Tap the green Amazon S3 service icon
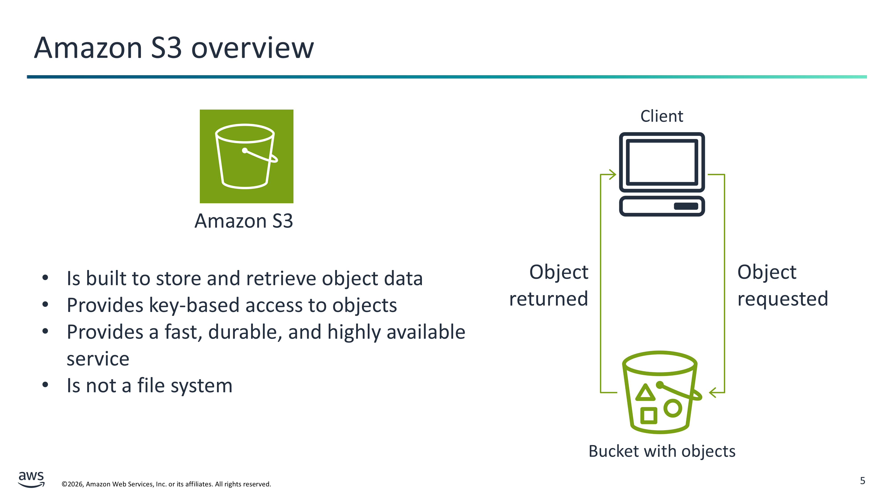pyautogui.click(x=246, y=156)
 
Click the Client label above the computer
pyautogui.click(x=661, y=116)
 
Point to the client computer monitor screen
pyautogui.click(x=662, y=162)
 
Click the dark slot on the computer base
pyautogui.click(x=686, y=206)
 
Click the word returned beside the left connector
pyautogui.click(x=549, y=299)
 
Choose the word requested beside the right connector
pyautogui.click(x=783, y=299)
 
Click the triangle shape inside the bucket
pyautogui.click(x=645, y=392)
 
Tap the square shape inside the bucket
pyautogui.click(x=648, y=415)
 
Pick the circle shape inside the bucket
pyautogui.click(x=673, y=408)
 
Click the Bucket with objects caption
pyautogui.click(x=662, y=451)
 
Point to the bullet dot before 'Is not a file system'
pyautogui.click(x=45, y=385)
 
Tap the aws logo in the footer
pyautogui.click(x=31, y=479)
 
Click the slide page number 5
pyautogui.click(x=862, y=481)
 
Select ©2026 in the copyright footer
pyautogui.click(x=72, y=484)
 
